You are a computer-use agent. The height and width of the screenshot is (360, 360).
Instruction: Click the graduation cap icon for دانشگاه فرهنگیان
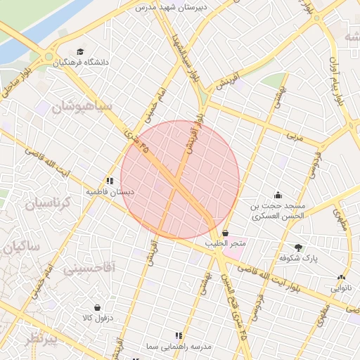[x=80, y=52]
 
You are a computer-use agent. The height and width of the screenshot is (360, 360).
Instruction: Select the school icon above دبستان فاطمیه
[x=109, y=181]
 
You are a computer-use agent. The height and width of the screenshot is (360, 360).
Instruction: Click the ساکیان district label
[x=23, y=247]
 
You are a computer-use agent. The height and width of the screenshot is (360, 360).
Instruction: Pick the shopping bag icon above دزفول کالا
[x=96, y=307]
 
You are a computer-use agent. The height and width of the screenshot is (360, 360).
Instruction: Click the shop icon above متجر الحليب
[x=225, y=233]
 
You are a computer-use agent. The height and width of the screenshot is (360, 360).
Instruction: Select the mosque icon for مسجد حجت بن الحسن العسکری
[x=278, y=195]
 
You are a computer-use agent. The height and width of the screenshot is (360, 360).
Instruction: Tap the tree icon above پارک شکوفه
[x=298, y=247]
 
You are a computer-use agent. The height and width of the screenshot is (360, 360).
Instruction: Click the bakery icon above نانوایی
[x=341, y=277]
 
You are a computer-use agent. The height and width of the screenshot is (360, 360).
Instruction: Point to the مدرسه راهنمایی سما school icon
[x=178, y=335]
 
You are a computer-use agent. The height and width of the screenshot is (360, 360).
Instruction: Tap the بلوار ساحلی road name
[x=18, y=81]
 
